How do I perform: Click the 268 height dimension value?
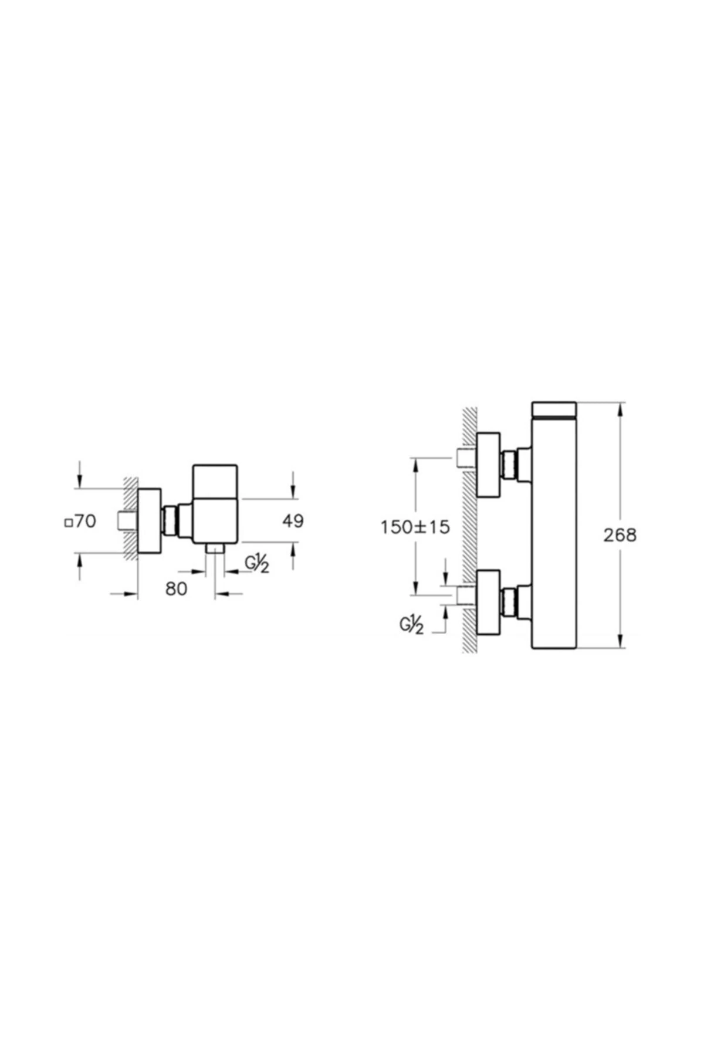point(620,535)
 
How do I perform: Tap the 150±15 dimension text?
point(415,527)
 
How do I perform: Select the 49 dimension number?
point(293,520)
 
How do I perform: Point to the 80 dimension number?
point(176,588)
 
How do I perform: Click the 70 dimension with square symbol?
point(80,520)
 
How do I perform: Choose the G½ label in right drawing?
point(412,626)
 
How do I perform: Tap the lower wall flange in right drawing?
point(488,602)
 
